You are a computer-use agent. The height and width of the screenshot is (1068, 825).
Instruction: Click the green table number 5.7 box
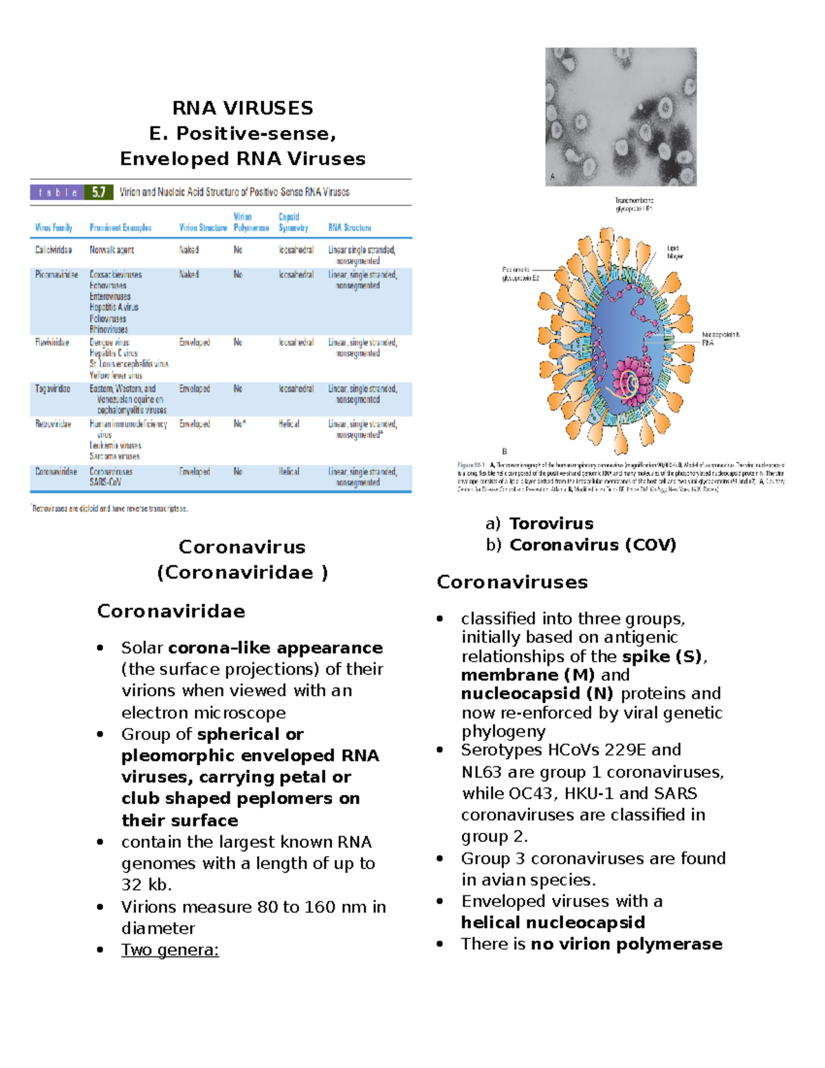pos(98,193)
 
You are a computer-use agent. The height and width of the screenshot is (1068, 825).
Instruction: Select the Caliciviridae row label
pos(54,250)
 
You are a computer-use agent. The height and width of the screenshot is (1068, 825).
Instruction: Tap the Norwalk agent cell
pos(111,250)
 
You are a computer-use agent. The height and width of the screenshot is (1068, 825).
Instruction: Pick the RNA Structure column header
pos(349,228)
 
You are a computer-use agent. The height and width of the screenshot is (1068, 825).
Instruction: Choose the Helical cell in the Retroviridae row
pos(289,424)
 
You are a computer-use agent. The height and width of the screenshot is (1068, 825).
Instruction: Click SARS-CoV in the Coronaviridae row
pos(105,483)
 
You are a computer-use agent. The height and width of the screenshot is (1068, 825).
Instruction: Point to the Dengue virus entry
pos(109,342)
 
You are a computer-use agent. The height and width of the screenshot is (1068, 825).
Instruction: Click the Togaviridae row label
pos(52,389)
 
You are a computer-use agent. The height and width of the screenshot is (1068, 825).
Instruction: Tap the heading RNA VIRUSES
pos(242,108)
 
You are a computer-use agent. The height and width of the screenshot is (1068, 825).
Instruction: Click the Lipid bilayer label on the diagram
pos(674,252)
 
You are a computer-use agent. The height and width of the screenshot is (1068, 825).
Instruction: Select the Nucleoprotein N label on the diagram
pos(720,335)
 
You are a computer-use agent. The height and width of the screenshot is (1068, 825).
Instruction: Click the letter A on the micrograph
pos(552,177)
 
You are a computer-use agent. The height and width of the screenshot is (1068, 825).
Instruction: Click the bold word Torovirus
pos(551,524)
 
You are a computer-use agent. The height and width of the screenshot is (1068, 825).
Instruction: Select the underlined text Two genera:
pos(170,950)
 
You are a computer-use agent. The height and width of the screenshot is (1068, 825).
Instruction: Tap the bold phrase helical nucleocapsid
pos(553,923)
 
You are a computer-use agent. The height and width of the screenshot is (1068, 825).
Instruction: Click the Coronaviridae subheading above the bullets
pos(170,611)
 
